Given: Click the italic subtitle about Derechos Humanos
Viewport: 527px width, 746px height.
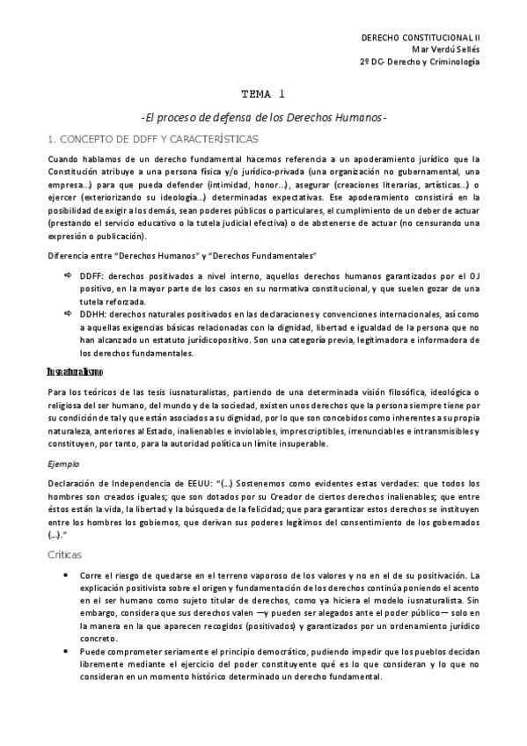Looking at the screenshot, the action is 263,117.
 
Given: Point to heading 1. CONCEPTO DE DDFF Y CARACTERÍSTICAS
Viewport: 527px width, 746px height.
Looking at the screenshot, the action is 152,139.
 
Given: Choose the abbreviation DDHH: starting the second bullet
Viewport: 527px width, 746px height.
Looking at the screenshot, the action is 95,312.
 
